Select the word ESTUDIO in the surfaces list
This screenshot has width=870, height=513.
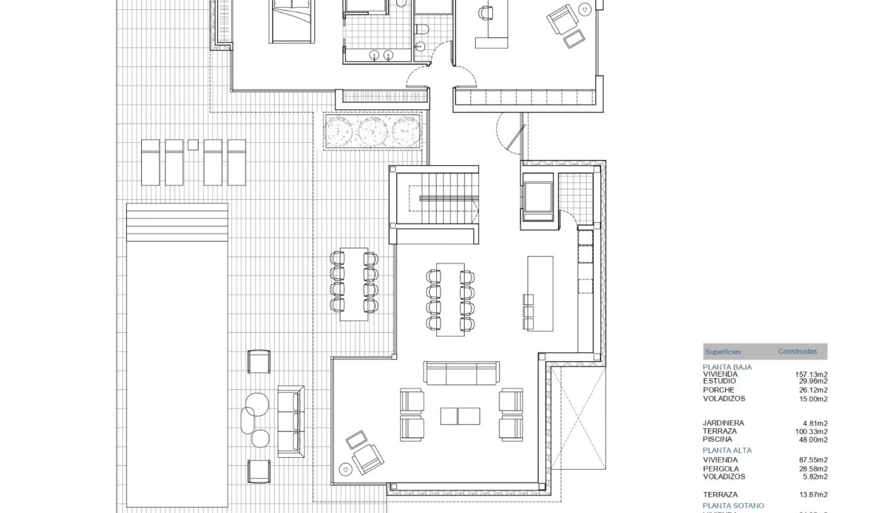pos(720,381)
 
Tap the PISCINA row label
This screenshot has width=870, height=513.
pos(718,440)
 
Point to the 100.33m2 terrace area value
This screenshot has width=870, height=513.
pos(811,431)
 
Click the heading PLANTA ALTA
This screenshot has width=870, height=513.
pos(727,451)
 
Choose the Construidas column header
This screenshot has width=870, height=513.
pos(797,352)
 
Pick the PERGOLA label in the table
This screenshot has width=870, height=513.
pos(721,469)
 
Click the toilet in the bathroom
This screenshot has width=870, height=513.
pos(422,28)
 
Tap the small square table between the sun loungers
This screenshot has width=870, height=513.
pos(193,145)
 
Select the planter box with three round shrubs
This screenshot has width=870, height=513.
pos(372,130)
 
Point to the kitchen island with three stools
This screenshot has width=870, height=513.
pos(540,293)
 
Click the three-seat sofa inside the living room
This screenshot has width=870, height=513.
pos(461,373)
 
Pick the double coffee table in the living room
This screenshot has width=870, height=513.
pos(460,416)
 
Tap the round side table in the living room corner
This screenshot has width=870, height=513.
pos(344,468)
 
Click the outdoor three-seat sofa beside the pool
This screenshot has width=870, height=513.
pos(291,421)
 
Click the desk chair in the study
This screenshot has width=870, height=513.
pos(486,12)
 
